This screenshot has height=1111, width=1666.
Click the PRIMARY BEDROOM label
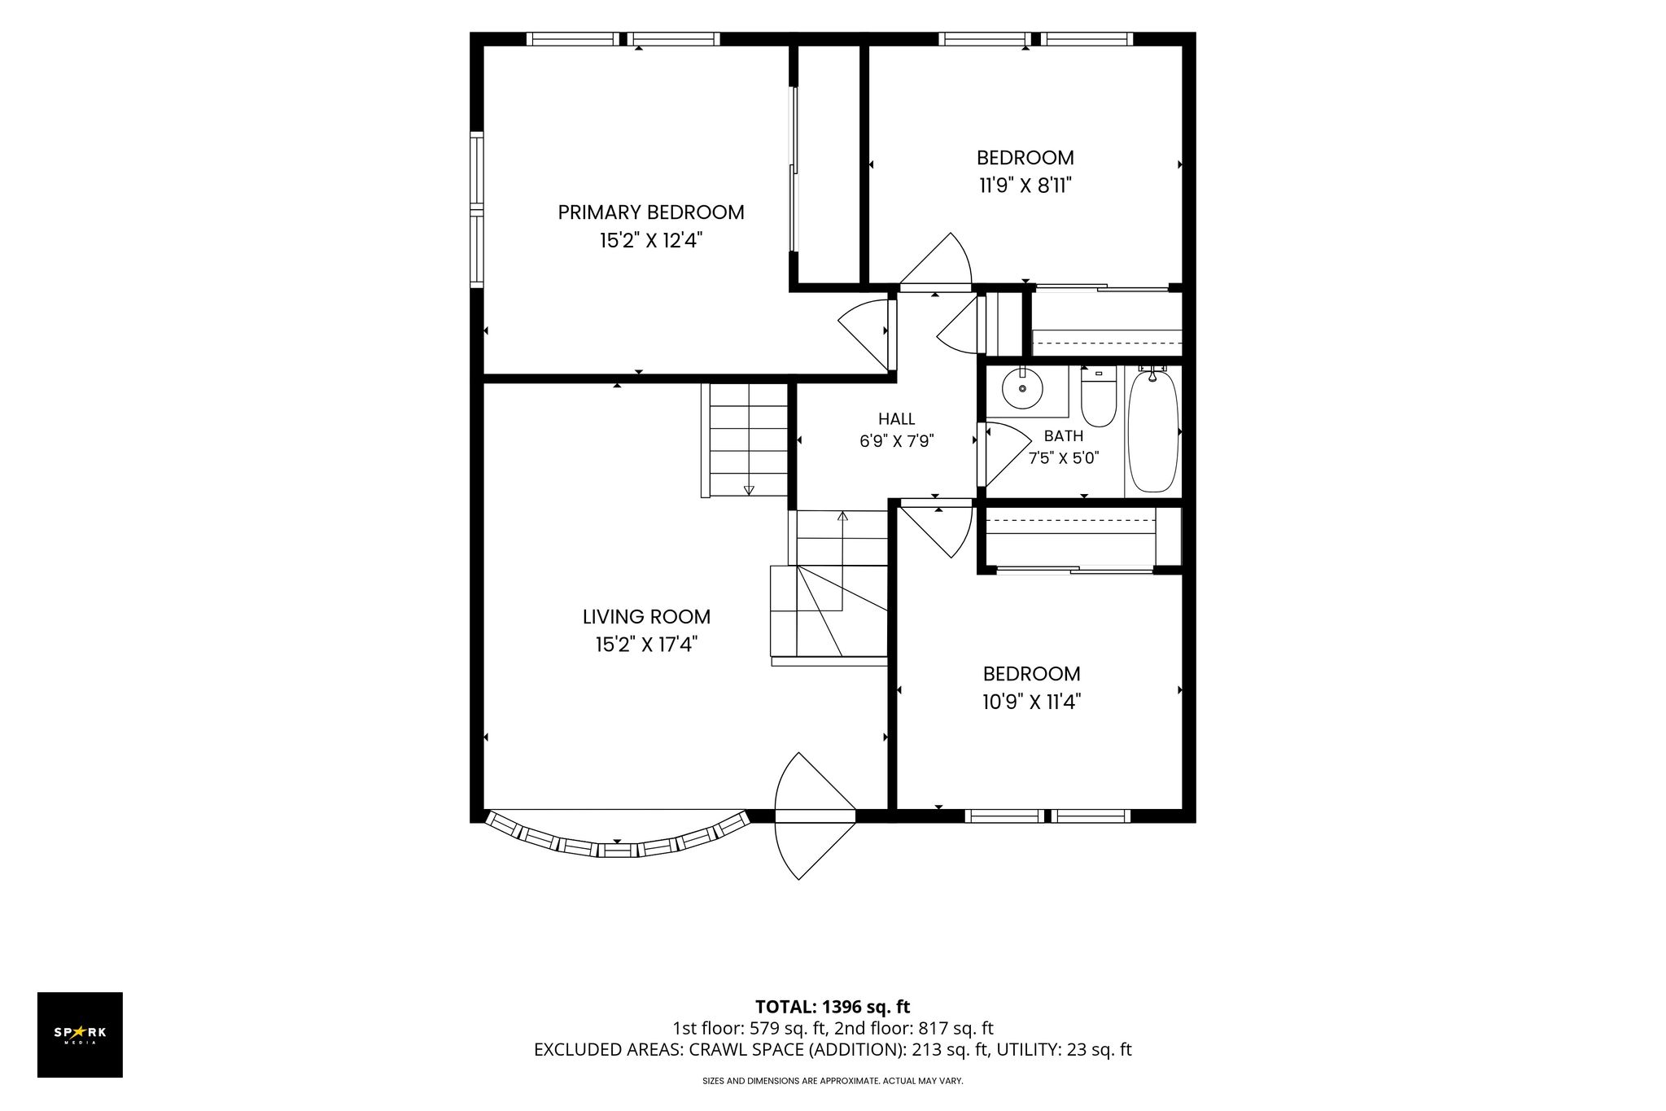tap(650, 212)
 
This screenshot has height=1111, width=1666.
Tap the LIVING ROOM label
tap(646, 617)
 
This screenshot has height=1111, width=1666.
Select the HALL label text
tap(896, 419)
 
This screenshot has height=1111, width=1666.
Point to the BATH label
tap(1064, 436)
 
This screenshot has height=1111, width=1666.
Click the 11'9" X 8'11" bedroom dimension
tap(1025, 186)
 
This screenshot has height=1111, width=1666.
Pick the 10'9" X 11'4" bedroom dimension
tap(1031, 702)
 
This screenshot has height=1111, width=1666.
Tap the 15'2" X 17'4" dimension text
tap(646, 645)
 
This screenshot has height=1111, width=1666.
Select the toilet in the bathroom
tap(1099, 397)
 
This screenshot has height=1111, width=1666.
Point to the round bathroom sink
tap(1022, 388)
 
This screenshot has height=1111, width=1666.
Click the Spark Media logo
tap(80, 1034)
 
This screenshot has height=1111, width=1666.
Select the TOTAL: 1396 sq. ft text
tap(833, 1007)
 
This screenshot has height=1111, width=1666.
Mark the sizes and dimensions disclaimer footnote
tap(833, 1081)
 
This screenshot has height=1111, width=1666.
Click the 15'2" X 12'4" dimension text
tap(650, 240)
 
